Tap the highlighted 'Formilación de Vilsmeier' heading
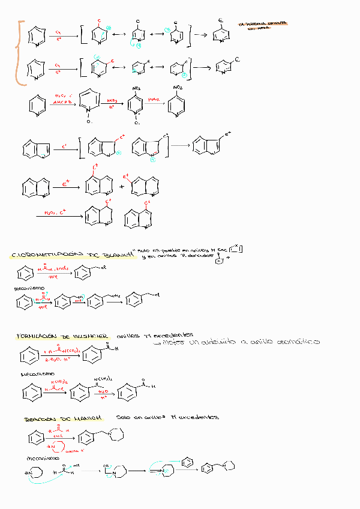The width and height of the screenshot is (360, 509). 62,336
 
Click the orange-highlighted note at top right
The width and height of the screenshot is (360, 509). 262,26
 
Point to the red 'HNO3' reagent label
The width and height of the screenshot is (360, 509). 112,101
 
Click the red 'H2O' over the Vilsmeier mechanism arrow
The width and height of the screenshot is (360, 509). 104,390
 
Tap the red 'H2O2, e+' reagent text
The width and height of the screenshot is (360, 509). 55,212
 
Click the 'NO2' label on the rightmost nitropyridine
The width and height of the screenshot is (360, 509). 178,88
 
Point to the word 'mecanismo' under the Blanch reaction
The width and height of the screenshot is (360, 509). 25,289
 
